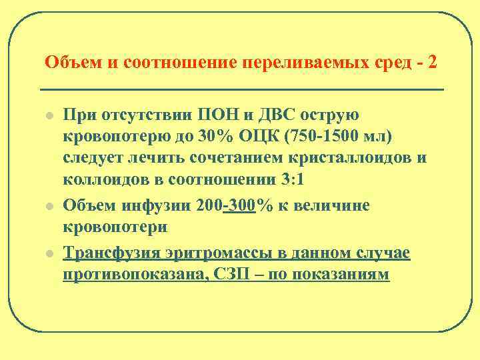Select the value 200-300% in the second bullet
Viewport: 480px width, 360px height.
[x=234, y=205]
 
